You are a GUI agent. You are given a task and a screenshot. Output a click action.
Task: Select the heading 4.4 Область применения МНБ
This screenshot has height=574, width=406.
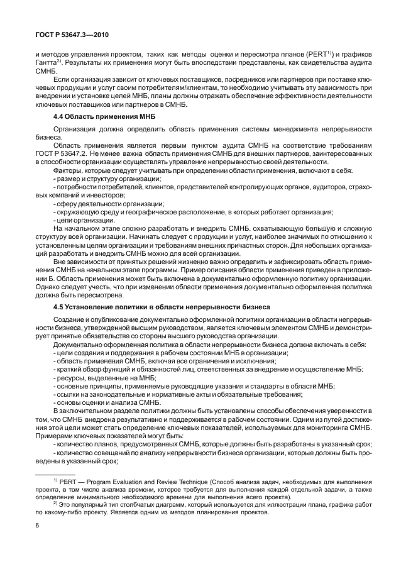tap(104, 117)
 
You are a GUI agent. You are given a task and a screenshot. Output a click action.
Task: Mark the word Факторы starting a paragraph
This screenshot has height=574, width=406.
tap(68, 172)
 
